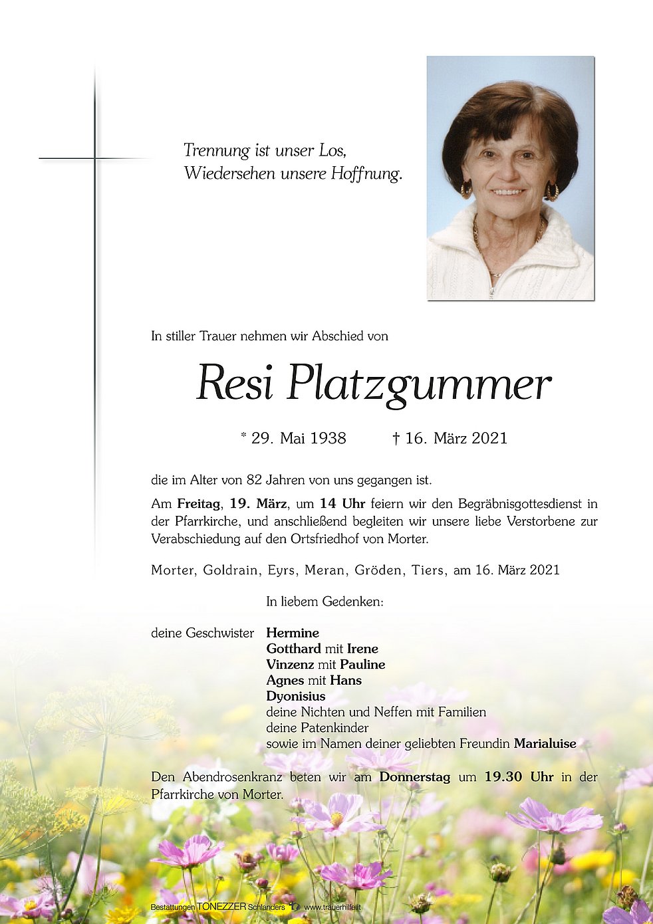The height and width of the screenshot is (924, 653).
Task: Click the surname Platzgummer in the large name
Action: click(x=419, y=384)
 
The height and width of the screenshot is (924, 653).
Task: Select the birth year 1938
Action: click(x=328, y=438)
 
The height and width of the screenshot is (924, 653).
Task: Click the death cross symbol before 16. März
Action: click(x=396, y=438)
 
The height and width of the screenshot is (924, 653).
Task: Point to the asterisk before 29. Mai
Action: click(x=244, y=436)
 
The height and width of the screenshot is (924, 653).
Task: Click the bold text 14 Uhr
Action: click(x=342, y=504)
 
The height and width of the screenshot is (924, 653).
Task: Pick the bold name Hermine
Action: click(x=293, y=633)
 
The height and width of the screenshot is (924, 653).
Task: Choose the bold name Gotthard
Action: click(x=293, y=649)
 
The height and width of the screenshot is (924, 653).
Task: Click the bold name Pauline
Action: click(x=362, y=665)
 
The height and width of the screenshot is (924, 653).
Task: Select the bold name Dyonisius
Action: click(x=296, y=696)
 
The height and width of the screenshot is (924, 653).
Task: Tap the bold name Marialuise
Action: click(x=545, y=744)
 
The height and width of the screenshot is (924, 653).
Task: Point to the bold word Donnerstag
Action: click(x=415, y=777)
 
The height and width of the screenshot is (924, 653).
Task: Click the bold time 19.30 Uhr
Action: click(x=519, y=777)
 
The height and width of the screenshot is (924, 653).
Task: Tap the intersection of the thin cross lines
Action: click(x=94, y=158)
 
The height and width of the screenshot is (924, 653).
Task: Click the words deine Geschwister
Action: click(x=202, y=633)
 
